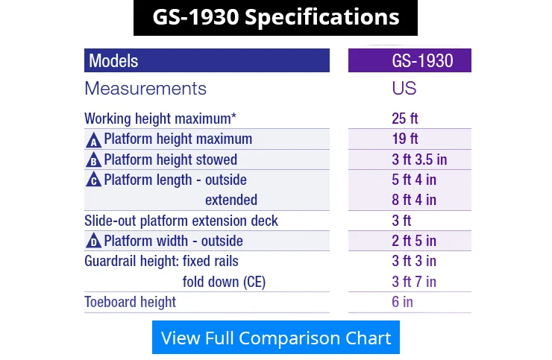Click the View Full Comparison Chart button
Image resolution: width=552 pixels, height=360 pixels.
[x=276, y=337]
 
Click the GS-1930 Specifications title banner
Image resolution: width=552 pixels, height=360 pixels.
[x=276, y=18]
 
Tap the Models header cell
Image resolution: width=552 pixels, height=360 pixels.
[x=207, y=60]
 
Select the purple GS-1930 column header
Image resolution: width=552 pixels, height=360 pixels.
[x=410, y=60]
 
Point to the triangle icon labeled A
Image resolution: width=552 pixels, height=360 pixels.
[x=94, y=140]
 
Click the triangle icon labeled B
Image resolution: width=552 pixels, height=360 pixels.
[x=94, y=160]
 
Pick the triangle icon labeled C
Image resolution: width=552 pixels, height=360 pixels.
[x=94, y=179]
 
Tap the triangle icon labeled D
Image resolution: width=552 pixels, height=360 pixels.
[x=94, y=241]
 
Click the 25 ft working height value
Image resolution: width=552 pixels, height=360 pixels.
[x=405, y=119]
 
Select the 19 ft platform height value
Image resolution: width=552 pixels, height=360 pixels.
[x=405, y=139]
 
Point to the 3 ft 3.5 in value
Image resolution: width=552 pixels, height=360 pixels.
[x=419, y=160]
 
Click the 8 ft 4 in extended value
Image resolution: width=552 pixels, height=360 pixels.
[x=414, y=200]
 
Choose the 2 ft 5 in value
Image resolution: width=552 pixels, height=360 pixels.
[x=414, y=241]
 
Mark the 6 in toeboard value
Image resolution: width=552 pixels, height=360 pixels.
[x=402, y=302]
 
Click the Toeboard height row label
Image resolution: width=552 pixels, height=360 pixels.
[x=131, y=302]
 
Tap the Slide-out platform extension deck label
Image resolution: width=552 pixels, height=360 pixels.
[x=181, y=221]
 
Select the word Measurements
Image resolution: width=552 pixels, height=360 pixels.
[x=145, y=89]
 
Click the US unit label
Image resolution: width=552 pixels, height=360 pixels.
[x=404, y=89]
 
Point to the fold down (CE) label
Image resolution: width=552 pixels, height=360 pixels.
[x=224, y=282]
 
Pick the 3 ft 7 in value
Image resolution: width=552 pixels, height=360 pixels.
[x=414, y=282]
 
